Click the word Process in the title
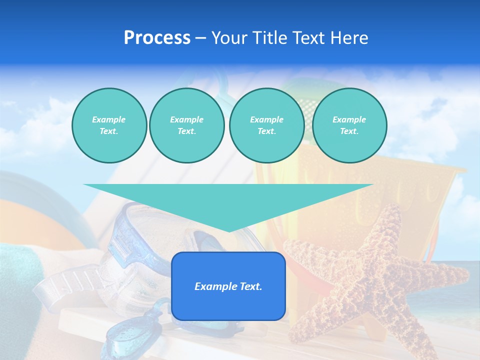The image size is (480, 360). (157, 38)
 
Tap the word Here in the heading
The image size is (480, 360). (348, 38)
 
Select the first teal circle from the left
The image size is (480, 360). (109, 125)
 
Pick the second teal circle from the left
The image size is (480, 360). (187, 125)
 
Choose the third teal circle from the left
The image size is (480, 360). (267, 125)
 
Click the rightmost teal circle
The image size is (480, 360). (349, 125)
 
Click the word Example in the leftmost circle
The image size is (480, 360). (109, 119)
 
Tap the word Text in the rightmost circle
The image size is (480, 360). (349, 131)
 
